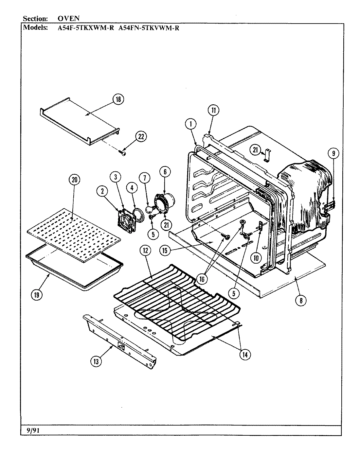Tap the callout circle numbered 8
(301, 300)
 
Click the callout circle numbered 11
(213, 110)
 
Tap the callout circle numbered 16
(202, 278)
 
